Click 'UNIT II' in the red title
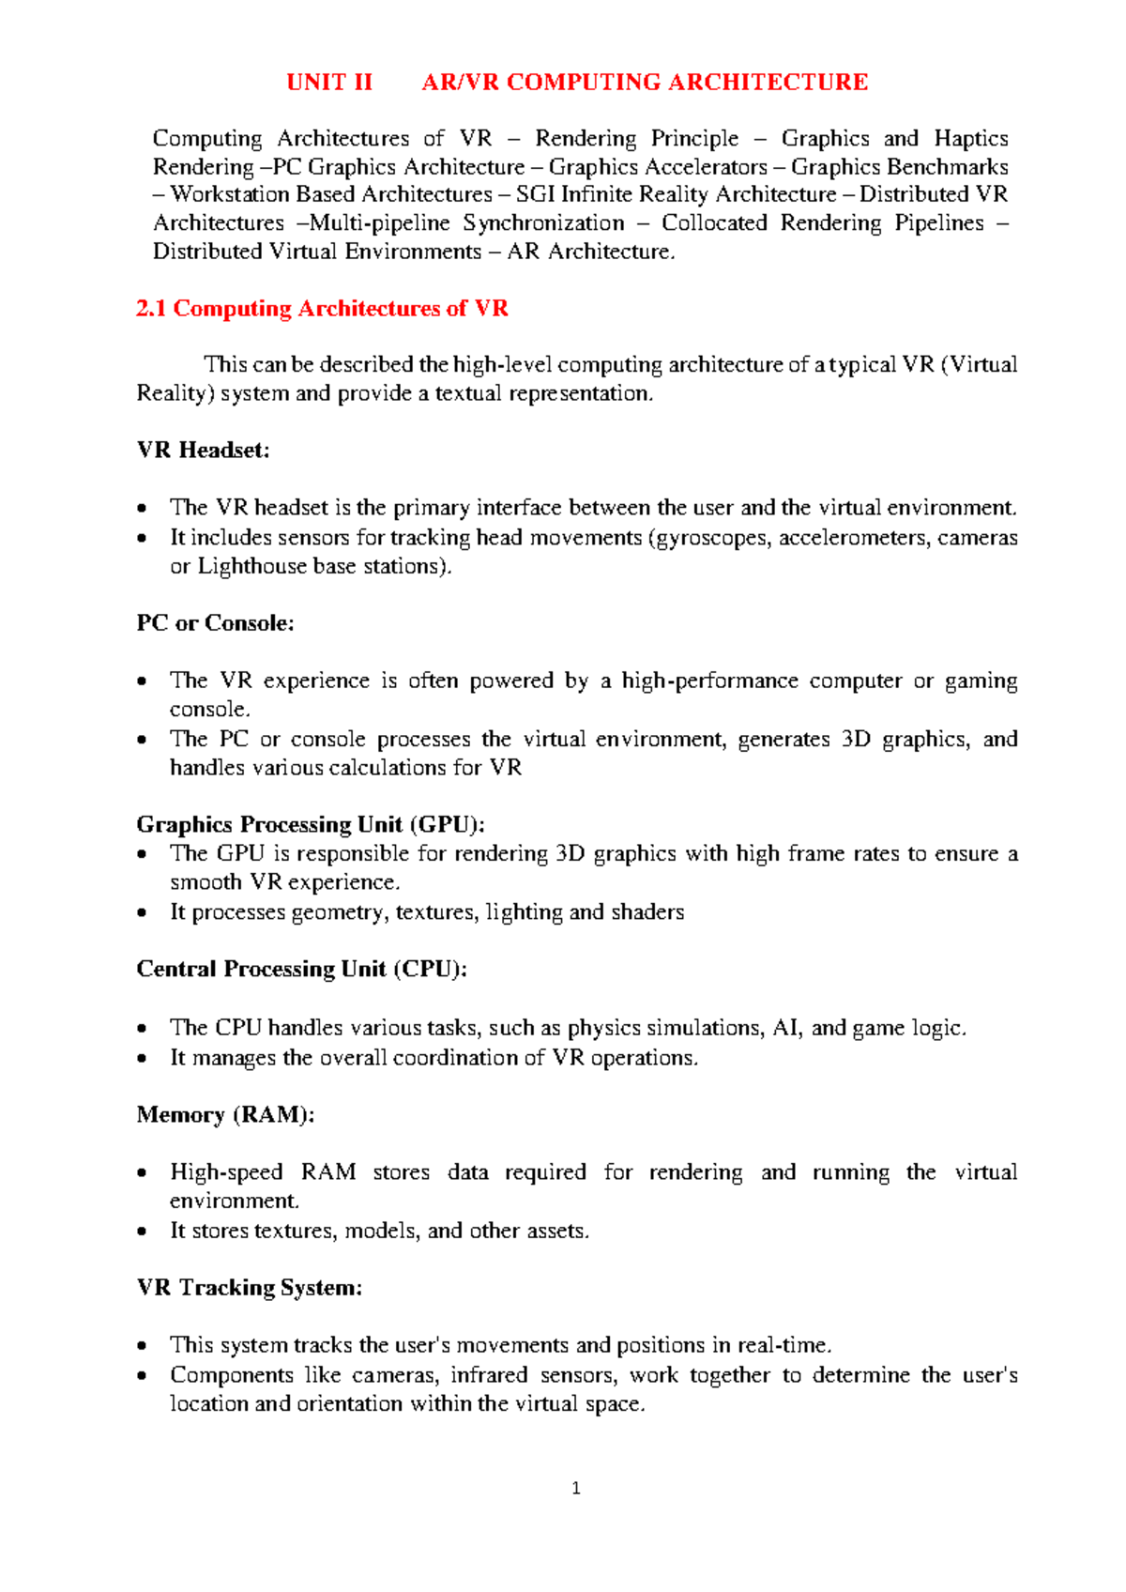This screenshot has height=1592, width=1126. (329, 83)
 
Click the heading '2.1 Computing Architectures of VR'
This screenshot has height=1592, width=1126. (322, 309)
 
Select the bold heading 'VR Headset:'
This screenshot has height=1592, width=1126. (203, 451)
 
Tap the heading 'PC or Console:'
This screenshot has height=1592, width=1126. (215, 623)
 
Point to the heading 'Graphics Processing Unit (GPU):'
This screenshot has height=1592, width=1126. (311, 824)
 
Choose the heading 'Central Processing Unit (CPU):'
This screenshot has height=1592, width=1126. (301, 969)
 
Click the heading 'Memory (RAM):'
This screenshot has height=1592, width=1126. (225, 1114)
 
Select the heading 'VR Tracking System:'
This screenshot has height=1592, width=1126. (249, 1287)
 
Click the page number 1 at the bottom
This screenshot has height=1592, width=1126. (576, 1488)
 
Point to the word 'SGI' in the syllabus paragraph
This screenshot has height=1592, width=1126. (535, 194)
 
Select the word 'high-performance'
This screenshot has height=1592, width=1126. (709, 681)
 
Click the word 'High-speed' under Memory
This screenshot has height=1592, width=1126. (226, 1172)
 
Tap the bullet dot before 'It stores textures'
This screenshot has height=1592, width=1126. (142, 1231)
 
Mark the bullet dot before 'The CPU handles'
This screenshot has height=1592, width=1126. (142, 1029)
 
